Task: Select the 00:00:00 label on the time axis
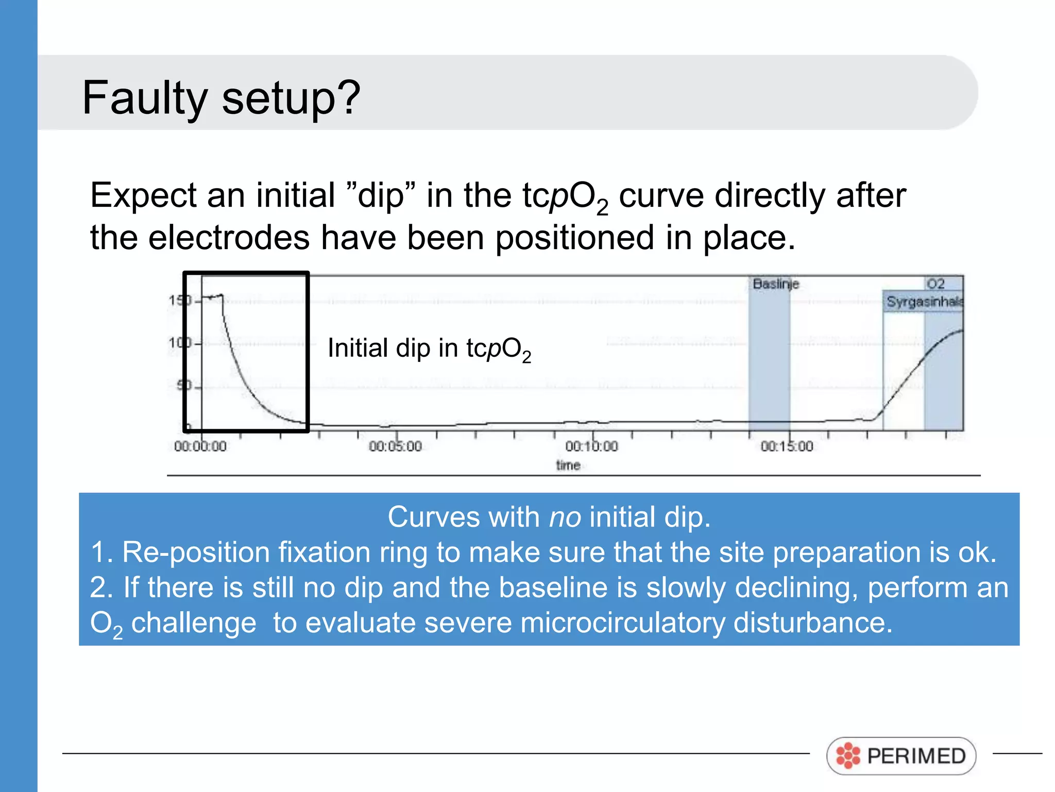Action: pyautogui.click(x=200, y=447)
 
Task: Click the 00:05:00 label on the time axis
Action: pyautogui.click(x=395, y=447)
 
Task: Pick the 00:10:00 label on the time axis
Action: pyautogui.click(x=591, y=447)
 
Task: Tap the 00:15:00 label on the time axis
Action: pyautogui.click(x=787, y=447)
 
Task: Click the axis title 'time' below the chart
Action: pyautogui.click(x=568, y=466)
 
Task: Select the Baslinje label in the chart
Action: pyautogui.click(x=775, y=284)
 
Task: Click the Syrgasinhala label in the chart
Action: pyautogui.click(x=924, y=302)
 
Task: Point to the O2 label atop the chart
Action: pyautogui.click(x=935, y=284)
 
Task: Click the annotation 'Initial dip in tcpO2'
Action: pyautogui.click(x=429, y=349)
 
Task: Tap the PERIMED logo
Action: pyautogui.click(x=901, y=756)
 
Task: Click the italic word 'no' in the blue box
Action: pyautogui.click(x=565, y=517)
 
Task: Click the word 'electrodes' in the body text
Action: pyautogui.click(x=229, y=238)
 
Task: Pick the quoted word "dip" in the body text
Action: pyautogui.click(x=381, y=196)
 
